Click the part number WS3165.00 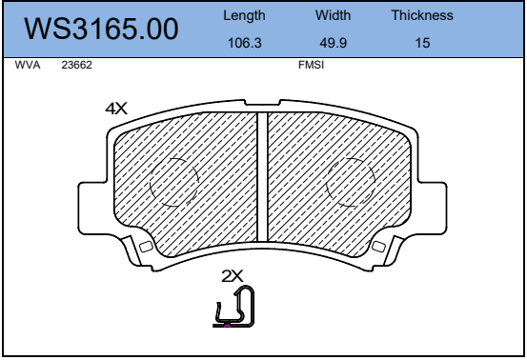(x=101, y=29)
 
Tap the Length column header (x=244, y=16)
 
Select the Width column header (x=333, y=15)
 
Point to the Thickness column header (x=422, y=15)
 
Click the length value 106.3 (x=244, y=43)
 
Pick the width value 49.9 (x=334, y=43)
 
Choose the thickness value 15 (x=422, y=43)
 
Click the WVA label (x=28, y=65)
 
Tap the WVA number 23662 (x=76, y=65)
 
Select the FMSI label (x=312, y=65)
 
